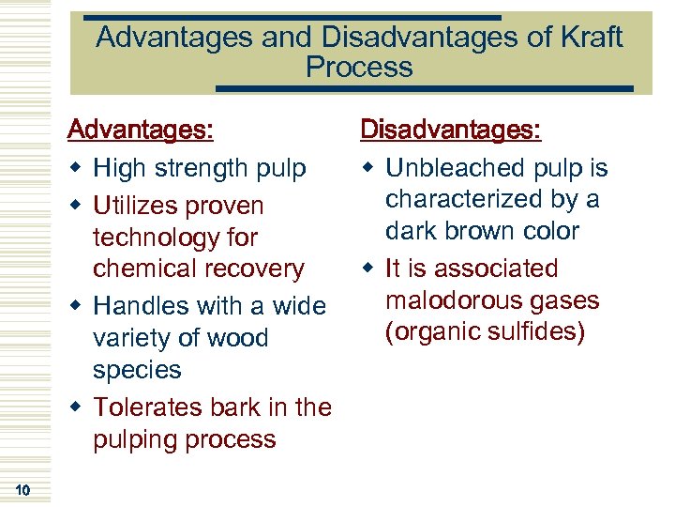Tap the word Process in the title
click(x=359, y=68)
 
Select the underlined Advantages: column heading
click(x=141, y=130)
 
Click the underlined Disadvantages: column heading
click(x=451, y=130)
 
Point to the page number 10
click(x=22, y=489)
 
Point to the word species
click(x=137, y=370)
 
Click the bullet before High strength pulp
click(x=79, y=169)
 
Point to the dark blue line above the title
click(x=291, y=17)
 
